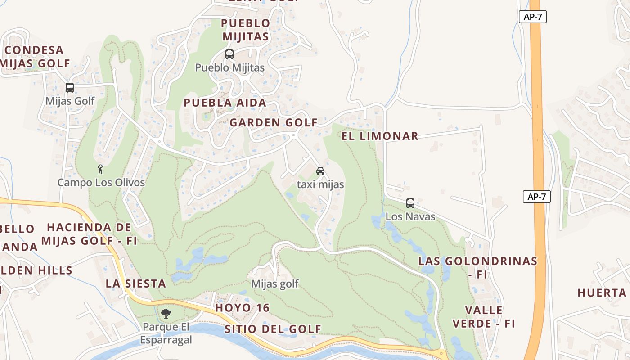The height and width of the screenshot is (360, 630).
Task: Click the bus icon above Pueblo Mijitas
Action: click(x=229, y=54)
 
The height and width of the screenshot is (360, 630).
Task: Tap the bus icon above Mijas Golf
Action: click(x=70, y=88)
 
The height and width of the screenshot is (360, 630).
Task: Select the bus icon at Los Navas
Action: click(x=410, y=203)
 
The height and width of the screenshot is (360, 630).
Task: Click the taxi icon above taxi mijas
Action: click(x=320, y=171)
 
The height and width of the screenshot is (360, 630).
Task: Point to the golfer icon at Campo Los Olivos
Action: click(x=100, y=169)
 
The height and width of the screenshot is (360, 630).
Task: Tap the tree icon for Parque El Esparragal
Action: click(x=166, y=313)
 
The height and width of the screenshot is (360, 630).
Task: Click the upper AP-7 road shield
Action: click(x=533, y=17)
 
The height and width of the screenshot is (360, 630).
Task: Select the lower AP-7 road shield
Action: click(x=537, y=197)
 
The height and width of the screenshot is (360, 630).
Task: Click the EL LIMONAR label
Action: click(x=380, y=136)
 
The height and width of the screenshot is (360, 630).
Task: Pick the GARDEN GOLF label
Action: click(x=274, y=122)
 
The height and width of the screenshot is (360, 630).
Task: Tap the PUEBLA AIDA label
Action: click(x=225, y=103)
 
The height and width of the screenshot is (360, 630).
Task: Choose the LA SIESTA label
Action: click(x=136, y=283)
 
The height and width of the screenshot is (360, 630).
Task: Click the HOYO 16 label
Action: click(x=243, y=308)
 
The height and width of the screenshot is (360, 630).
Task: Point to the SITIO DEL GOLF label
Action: click(x=273, y=329)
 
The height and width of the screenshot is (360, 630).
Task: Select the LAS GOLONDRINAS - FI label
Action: click(x=478, y=267)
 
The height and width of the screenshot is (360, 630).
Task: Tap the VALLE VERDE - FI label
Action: click(x=484, y=317)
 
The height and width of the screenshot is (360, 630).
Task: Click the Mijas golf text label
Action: click(x=275, y=284)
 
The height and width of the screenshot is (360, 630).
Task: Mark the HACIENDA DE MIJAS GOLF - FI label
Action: click(x=89, y=234)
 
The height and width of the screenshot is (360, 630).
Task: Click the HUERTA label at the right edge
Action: click(x=602, y=293)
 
